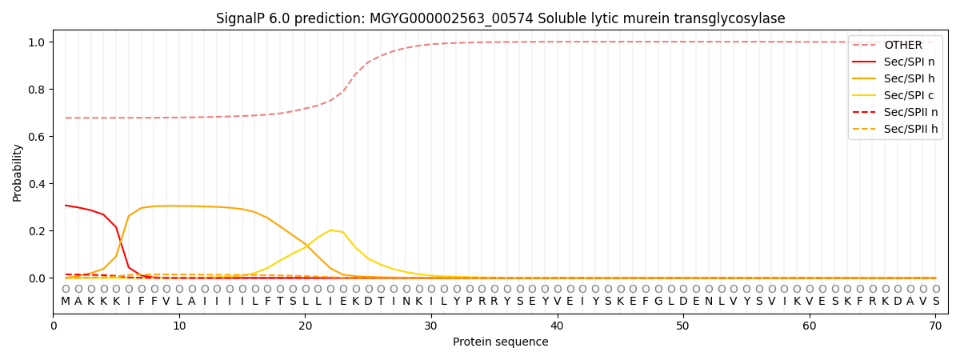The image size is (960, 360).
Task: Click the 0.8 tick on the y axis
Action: [38, 90]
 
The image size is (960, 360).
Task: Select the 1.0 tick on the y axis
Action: [38, 42]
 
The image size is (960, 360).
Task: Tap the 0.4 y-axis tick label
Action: [38, 184]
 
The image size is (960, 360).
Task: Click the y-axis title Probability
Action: [18, 173]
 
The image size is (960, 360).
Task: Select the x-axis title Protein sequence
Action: [501, 342]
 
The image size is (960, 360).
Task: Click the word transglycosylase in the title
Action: [731, 18]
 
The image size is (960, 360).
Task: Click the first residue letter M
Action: [66, 301]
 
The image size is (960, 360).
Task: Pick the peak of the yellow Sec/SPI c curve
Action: [330, 230]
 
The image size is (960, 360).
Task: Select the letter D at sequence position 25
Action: [368, 301]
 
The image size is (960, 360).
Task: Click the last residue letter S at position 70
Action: [935, 301]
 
